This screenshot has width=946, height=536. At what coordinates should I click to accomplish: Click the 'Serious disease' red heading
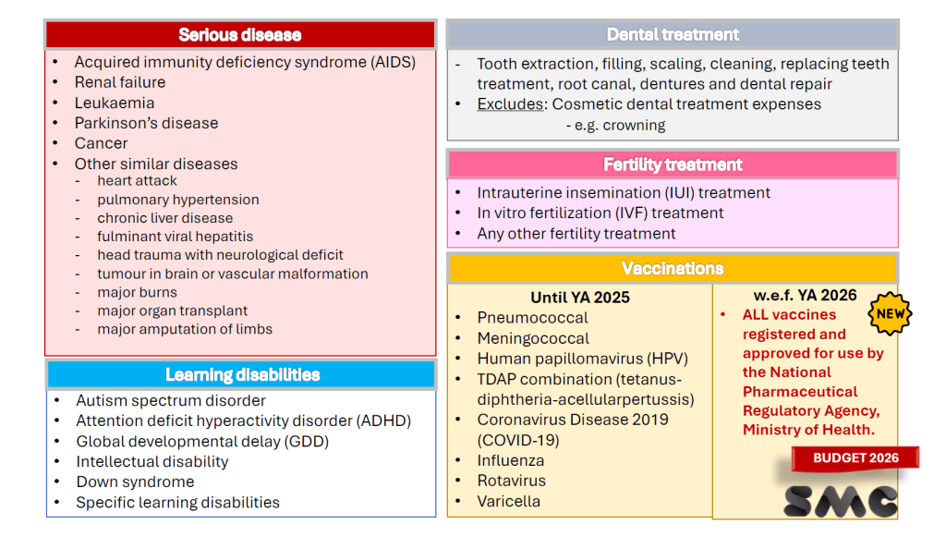click(x=240, y=35)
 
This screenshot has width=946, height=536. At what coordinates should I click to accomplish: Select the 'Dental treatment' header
click(x=673, y=34)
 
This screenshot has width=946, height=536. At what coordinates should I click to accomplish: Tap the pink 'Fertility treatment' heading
click(x=673, y=164)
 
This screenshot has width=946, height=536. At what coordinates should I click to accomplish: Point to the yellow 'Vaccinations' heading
click(x=673, y=269)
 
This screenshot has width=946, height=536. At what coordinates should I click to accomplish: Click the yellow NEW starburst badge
click(x=891, y=314)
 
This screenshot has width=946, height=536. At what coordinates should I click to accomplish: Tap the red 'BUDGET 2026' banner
click(x=855, y=458)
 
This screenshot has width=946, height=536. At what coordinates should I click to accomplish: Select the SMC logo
click(x=841, y=502)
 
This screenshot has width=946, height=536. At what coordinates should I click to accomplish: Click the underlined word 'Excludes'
click(x=510, y=104)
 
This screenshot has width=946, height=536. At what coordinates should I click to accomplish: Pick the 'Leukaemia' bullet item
click(x=115, y=104)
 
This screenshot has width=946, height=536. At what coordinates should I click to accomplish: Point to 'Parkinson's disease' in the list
click(x=147, y=123)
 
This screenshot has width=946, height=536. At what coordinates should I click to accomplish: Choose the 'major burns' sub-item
click(x=138, y=292)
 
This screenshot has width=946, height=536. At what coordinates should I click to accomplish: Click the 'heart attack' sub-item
click(x=138, y=180)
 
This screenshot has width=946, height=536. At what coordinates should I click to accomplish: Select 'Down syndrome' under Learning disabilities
click(x=135, y=481)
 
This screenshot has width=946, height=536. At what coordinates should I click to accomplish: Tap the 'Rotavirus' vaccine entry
click(x=512, y=481)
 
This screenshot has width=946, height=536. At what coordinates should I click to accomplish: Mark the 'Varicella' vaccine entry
click(x=509, y=501)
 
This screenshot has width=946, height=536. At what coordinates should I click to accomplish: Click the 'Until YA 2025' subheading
click(x=580, y=298)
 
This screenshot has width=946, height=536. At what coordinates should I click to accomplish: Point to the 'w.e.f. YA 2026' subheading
click(x=805, y=295)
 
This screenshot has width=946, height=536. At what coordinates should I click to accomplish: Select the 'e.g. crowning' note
click(x=615, y=125)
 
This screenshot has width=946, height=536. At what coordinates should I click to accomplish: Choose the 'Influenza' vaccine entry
click(x=511, y=460)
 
